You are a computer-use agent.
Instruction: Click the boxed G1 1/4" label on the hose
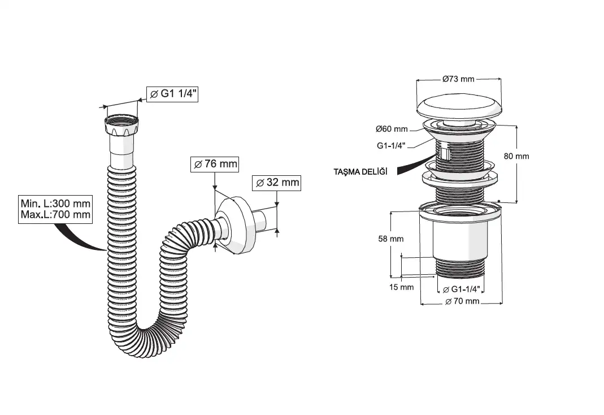coord(172,94)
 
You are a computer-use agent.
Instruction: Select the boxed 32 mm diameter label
coord(276,183)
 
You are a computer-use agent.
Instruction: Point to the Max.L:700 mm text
coord(55,215)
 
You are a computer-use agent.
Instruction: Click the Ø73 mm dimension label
coord(458,79)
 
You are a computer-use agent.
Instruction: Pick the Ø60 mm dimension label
coord(392,129)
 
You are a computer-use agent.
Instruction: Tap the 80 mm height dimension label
coord(516,156)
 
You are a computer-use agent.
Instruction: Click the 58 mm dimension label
coord(391,239)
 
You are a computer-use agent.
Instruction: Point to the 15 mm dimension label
coord(402,287)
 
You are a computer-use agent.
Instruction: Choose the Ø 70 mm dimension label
coord(462,301)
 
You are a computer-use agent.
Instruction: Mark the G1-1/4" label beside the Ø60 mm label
coord(391,145)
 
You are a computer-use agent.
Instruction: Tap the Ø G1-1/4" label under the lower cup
coord(463,289)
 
